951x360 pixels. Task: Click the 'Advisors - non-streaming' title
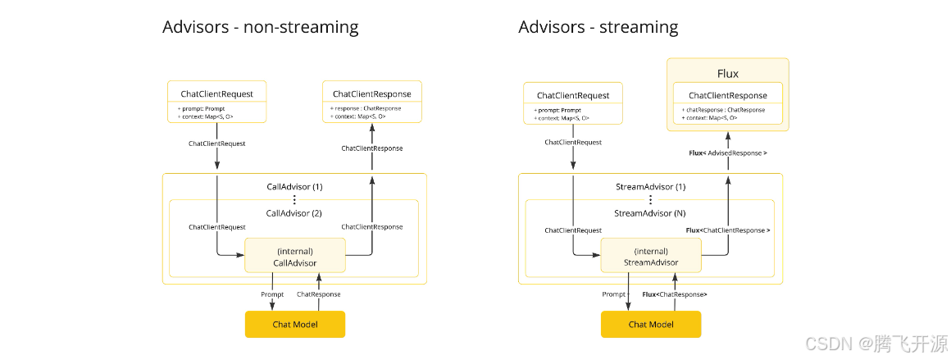tap(260, 27)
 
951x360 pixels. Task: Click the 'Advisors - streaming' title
tap(598, 27)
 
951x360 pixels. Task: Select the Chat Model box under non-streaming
tap(295, 324)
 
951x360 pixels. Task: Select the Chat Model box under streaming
tap(651, 324)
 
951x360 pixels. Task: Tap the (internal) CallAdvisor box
tap(295, 257)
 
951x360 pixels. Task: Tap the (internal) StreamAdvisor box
tap(651, 257)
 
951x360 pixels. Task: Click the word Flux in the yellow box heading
tap(728, 74)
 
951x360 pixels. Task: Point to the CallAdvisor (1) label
tap(295, 187)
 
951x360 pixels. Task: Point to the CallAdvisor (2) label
tap(295, 213)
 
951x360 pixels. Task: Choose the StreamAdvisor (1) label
tap(650, 187)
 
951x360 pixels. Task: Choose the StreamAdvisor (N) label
tap(650, 213)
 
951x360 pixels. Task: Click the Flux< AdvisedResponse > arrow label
tap(728, 153)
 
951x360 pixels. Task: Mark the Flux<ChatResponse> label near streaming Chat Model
tap(675, 294)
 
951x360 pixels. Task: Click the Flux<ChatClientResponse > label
tap(728, 230)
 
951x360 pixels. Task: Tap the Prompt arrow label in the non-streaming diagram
tap(272, 294)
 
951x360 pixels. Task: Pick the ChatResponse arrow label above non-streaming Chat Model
tap(318, 294)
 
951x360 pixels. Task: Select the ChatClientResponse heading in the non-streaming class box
tap(372, 93)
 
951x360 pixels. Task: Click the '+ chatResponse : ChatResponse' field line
tap(722, 110)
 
